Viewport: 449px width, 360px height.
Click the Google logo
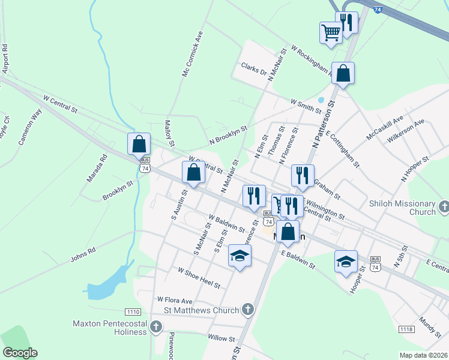click(x=20, y=353)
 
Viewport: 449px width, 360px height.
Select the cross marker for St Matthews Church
click(x=247, y=310)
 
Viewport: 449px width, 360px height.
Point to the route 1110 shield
click(x=133, y=312)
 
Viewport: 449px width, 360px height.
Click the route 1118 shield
click(x=406, y=329)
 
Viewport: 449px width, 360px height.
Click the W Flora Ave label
click(x=175, y=300)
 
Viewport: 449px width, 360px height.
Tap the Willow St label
click(x=221, y=338)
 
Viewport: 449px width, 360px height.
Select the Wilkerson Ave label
click(x=406, y=130)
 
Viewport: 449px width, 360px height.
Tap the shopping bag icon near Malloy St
click(x=139, y=144)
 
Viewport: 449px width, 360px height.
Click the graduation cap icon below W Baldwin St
click(x=240, y=256)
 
